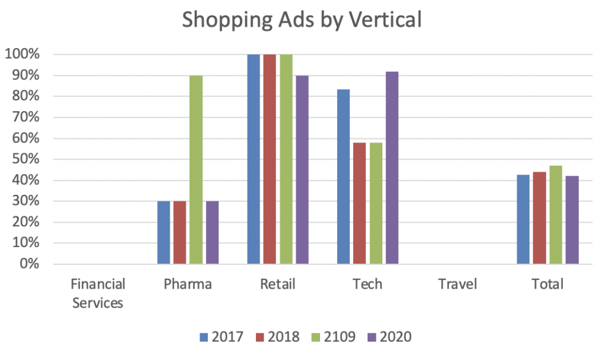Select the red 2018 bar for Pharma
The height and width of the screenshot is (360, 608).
[x=180, y=232]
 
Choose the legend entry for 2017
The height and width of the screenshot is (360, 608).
[x=221, y=337]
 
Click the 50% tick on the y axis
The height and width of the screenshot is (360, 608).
[x=25, y=159]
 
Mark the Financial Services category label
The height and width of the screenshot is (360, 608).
[x=98, y=293]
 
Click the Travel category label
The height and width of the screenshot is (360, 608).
[x=458, y=285]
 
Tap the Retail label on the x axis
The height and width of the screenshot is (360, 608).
[x=278, y=285]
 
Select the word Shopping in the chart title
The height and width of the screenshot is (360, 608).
[x=226, y=19]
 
